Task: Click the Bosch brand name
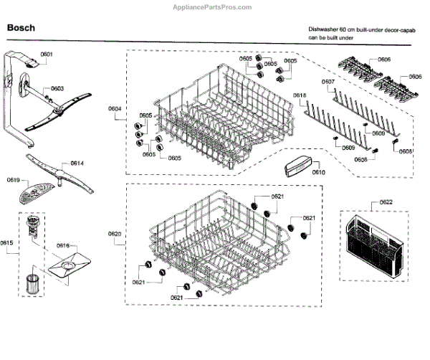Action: (x=21, y=29)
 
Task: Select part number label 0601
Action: (x=47, y=55)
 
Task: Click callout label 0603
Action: (x=57, y=88)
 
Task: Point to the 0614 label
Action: (x=77, y=164)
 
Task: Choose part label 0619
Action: (x=14, y=179)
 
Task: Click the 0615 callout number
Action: (x=6, y=242)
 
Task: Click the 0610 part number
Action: (x=319, y=173)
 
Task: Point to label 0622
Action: (x=386, y=203)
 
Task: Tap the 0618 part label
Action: (x=300, y=95)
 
